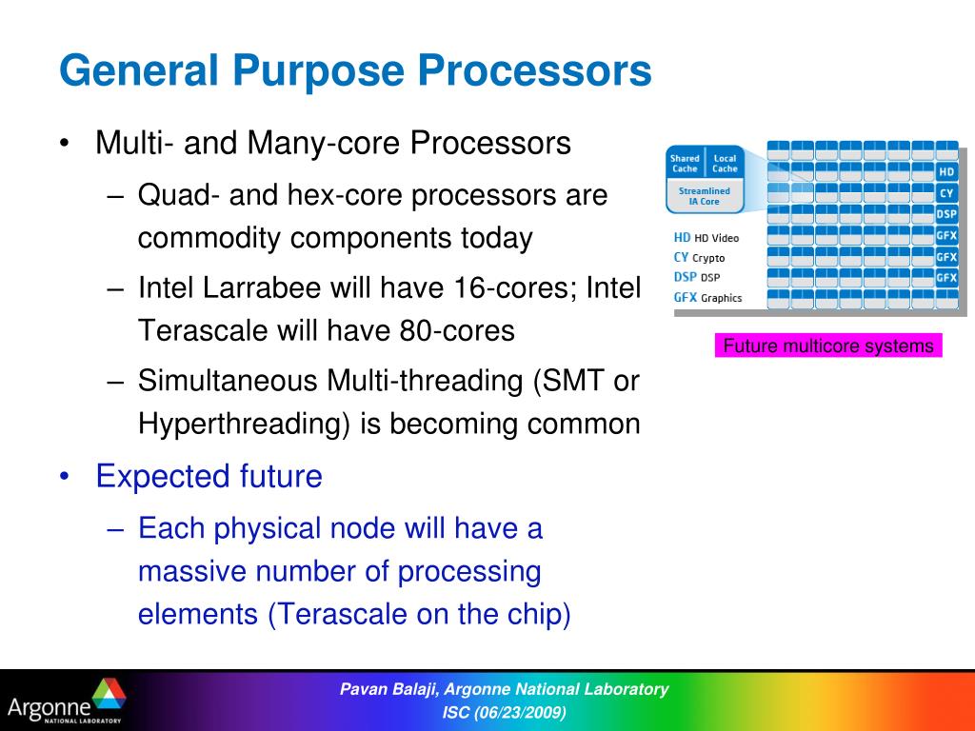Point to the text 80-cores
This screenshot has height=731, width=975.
coord(457,330)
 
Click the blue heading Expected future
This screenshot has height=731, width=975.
coord(209,477)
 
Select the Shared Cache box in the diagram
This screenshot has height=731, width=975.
coord(685,164)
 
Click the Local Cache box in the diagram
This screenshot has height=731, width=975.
coord(725,164)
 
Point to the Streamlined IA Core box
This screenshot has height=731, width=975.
coord(705,196)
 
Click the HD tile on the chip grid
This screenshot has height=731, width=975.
coord(946,172)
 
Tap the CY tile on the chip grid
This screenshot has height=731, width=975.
coord(946,193)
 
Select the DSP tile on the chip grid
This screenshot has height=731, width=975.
coord(946,214)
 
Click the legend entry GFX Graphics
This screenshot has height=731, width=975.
coord(707,298)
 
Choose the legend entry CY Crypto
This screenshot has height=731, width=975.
coord(699,257)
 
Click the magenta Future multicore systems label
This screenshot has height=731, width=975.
coord(828,346)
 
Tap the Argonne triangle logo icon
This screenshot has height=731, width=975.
coord(109,694)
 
